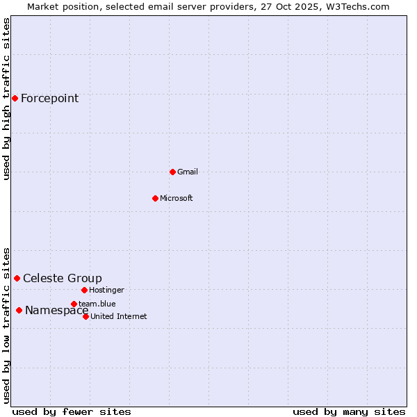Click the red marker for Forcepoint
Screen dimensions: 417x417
[x=15, y=98]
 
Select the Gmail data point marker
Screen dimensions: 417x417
[x=172, y=172]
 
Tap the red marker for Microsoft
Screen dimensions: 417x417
[x=155, y=198]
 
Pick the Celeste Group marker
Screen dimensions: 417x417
[x=17, y=278]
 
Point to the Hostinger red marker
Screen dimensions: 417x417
[x=84, y=290]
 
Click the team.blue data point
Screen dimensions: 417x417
[x=74, y=304]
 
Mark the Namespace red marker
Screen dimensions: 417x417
[x=19, y=310]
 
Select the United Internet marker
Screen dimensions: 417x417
[x=85, y=316]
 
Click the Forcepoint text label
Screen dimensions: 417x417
[x=49, y=98]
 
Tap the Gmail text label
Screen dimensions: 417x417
[x=188, y=172]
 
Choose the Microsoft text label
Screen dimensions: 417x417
[x=176, y=198]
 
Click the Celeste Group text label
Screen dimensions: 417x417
[x=62, y=278]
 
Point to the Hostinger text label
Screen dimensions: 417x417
[x=106, y=290]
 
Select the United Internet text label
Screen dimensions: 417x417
[x=118, y=316]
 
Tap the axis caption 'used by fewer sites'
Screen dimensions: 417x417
[x=72, y=411]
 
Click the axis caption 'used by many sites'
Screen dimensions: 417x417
[x=349, y=411]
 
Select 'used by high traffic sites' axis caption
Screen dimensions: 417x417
[x=6, y=99]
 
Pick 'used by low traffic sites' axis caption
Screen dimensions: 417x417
[x=6, y=325]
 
